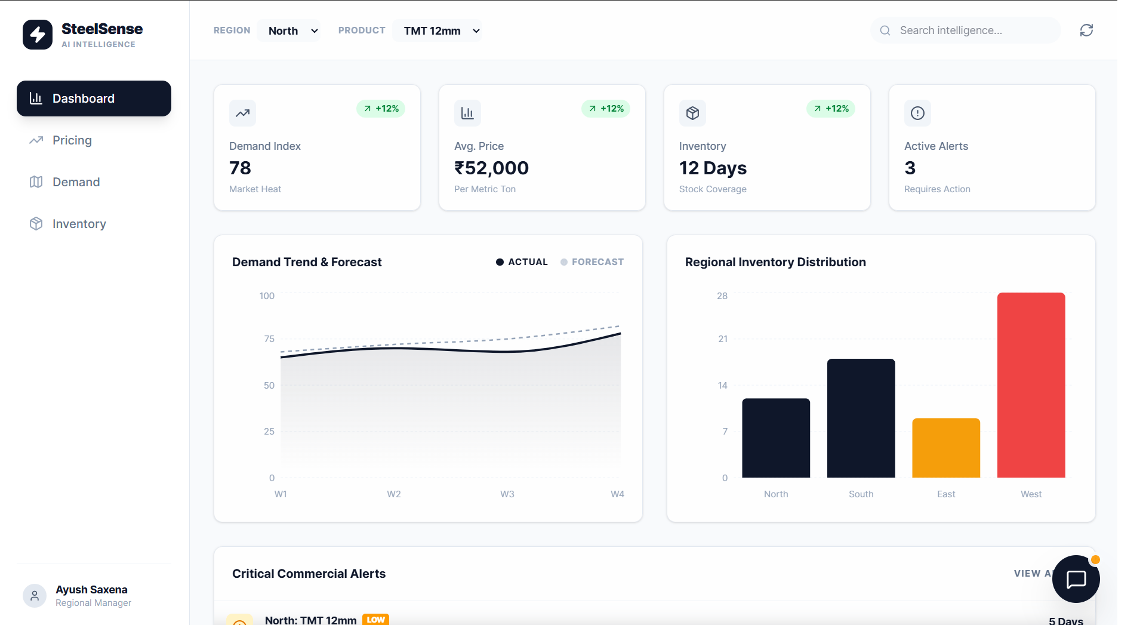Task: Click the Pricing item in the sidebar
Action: (x=72, y=140)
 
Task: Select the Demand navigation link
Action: (x=76, y=182)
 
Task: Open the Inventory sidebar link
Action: (x=79, y=224)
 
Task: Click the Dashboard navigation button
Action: (x=94, y=98)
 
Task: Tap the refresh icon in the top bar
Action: (x=1086, y=30)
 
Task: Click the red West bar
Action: (x=1031, y=385)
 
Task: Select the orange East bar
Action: (x=946, y=448)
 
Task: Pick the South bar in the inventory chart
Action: (x=861, y=418)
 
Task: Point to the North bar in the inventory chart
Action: (x=776, y=438)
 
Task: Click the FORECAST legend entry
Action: (x=592, y=262)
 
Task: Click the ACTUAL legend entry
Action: (x=522, y=262)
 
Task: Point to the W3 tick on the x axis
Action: (x=507, y=494)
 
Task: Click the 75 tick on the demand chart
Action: (x=269, y=339)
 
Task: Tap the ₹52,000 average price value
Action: (x=491, y=168)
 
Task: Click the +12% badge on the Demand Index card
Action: (x=381, y=109)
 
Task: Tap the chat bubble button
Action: (x=1076, y=579)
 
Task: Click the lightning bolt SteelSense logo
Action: (x=38, y=35)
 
